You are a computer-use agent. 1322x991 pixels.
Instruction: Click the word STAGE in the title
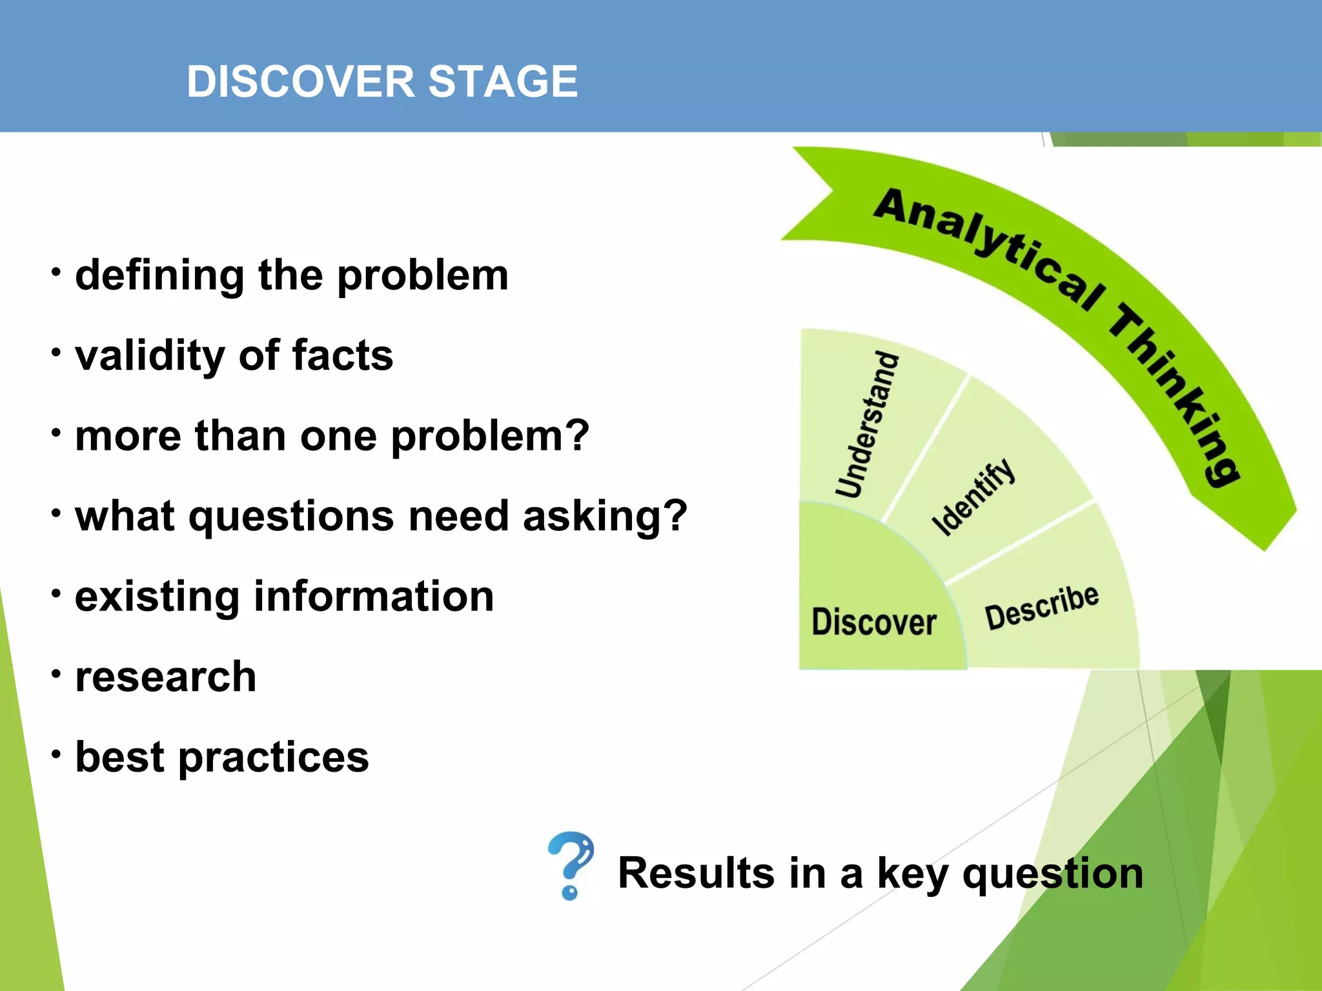pos(503,82)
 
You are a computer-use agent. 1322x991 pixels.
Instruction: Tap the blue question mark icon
pos(571,865)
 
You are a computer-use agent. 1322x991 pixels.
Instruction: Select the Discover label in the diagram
pos(873,622)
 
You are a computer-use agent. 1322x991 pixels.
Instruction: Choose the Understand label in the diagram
pos(867,425)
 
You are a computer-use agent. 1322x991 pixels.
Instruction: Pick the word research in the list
pos(166,677)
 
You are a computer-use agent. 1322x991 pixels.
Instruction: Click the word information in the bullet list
pos(374,596)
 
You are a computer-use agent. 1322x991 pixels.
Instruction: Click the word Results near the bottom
pos(697,873)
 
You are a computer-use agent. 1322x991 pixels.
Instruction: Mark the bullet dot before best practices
pos(57,753)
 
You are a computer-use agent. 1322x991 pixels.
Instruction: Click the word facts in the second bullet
pos(342,355)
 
